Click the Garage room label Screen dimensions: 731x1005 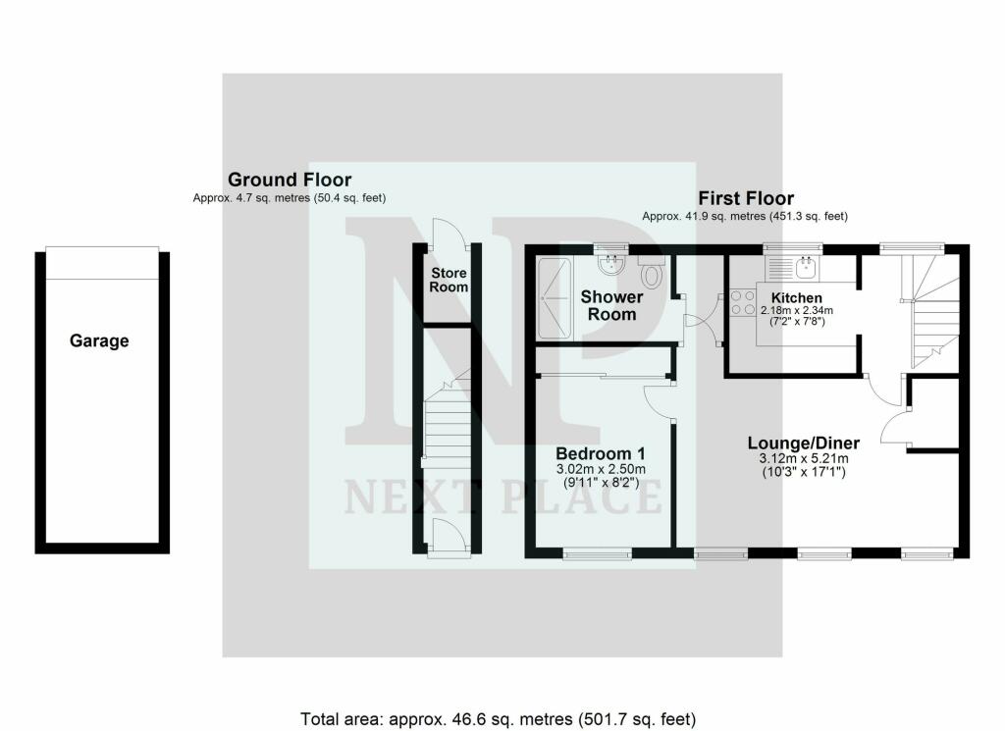[99, 341]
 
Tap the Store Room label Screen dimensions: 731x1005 [449, 280]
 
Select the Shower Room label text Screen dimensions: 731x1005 [611, 305]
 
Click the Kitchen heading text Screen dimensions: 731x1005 [797, 297]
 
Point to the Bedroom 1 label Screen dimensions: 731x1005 [601, 453]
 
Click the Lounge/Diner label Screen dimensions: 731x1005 [803, 444]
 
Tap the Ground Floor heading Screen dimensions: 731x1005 [289, 180]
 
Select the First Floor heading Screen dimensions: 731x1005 [745, 198]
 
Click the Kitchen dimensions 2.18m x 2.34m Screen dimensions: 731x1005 [797, 311]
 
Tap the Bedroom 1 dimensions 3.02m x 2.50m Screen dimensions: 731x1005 [601, 469]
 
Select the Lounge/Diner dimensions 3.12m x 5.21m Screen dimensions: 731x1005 [803, 458]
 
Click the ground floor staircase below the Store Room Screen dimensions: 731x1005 [442, 432]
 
